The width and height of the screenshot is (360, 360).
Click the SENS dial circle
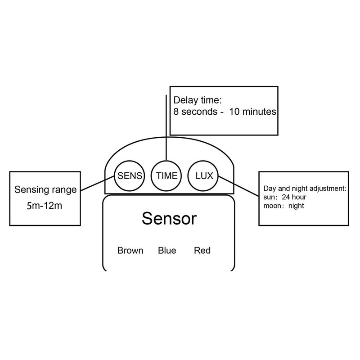point(130,175)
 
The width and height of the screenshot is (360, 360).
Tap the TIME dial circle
point(166,175)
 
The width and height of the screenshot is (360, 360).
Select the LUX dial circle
point(203,175)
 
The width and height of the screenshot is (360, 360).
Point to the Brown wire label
point(130,251)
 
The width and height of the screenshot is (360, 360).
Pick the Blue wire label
point(167,251)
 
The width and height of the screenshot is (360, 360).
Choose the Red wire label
point(202,251)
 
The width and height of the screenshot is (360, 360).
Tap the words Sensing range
point(45,189)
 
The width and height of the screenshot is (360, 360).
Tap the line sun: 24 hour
point(288,198)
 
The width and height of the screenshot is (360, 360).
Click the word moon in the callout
point(272,206)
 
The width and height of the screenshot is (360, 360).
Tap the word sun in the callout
point(269,198)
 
